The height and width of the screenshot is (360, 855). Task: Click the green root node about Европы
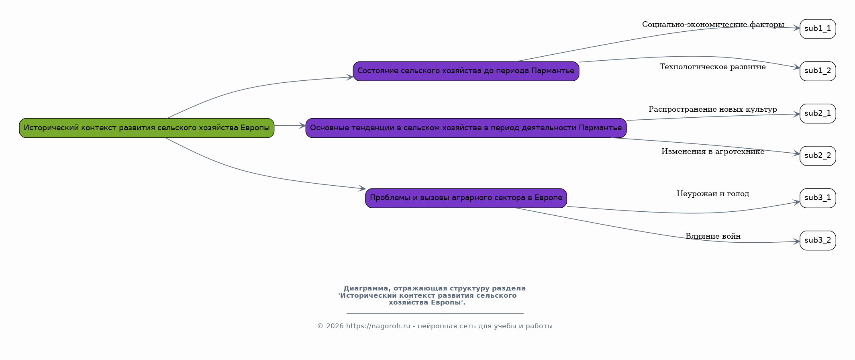[147, 128]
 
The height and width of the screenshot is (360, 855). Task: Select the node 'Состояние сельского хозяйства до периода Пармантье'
[466, 71]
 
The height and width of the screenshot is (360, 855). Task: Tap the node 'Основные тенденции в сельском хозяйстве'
[466, 128]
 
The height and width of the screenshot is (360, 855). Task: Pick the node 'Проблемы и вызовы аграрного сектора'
[466, 198]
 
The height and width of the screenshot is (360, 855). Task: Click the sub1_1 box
[818, 29]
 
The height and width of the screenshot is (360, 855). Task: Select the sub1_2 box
[818, 71]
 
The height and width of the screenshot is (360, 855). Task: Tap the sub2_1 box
[818, 114]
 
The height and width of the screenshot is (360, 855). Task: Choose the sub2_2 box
[818, 156]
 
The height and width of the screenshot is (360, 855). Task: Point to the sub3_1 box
[818, 198]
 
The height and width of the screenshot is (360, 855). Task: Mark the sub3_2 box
[818, 241]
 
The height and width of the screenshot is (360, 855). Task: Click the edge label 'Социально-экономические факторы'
[713, 25]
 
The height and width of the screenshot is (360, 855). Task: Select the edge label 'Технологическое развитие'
[713, 67]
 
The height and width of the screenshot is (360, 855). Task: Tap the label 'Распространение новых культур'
[713, 109]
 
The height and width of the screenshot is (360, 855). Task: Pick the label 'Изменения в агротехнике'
[713, 151]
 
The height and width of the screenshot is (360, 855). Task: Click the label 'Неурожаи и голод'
[713, 194]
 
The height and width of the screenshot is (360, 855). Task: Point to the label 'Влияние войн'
[713, 236]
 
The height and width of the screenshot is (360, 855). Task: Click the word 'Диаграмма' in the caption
[367, 288]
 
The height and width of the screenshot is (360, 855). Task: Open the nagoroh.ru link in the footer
[378, 326]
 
